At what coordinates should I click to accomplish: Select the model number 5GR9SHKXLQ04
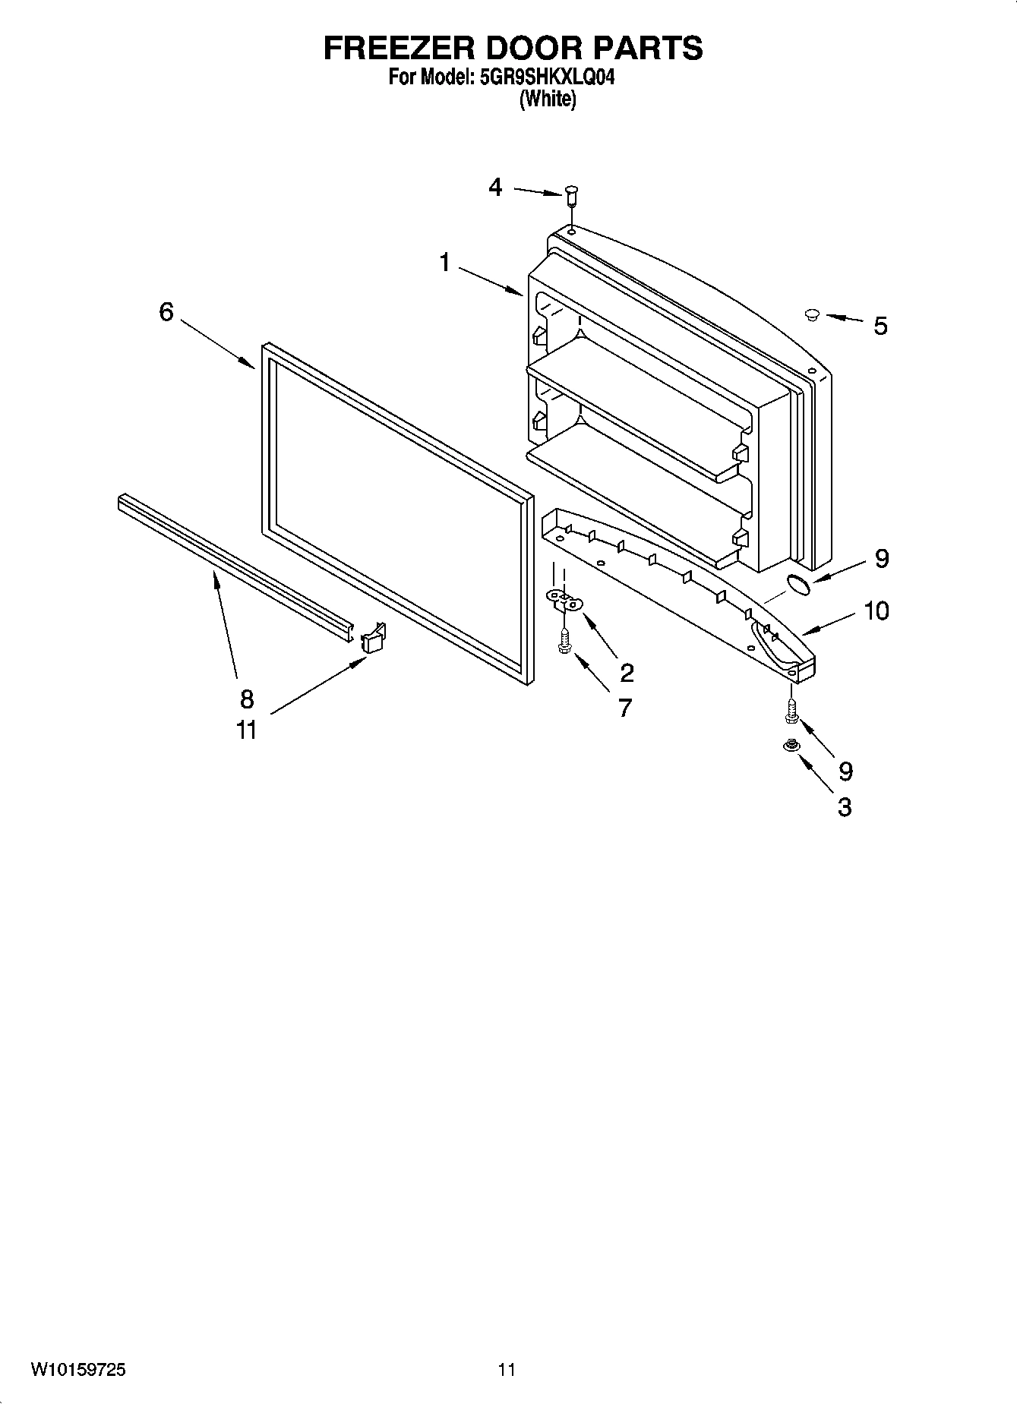(547, 77)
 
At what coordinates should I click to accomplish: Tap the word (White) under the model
(547, 99)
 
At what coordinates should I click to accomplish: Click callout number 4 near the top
(495, 187)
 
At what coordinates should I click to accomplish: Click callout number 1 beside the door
(444, 263)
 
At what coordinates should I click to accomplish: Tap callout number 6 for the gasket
(166, 312)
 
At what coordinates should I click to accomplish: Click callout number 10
(876, 611)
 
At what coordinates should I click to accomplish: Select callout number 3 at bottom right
(845, 806)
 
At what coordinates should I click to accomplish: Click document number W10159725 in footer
(79, 1369)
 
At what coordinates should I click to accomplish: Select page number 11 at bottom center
(507, 1369)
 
